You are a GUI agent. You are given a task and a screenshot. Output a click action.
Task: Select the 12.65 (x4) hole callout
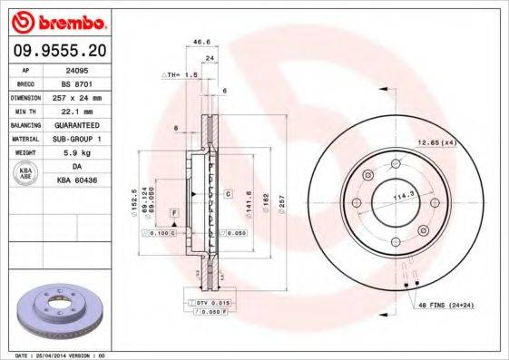(x=436, y=141)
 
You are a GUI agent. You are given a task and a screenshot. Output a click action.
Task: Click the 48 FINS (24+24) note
(x=445, y=306)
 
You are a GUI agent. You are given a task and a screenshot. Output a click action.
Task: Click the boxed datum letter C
(x=229, y=193)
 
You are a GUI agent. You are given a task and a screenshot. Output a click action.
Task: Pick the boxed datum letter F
(x=172, y=210)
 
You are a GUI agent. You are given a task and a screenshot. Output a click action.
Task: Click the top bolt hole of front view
(x=396, y=164)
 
